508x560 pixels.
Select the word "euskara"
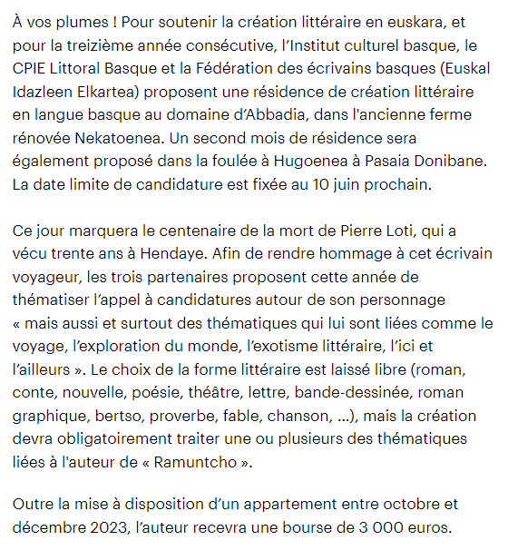(x=432, y=22)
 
